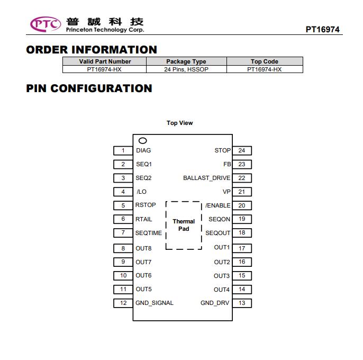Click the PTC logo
pos(46,24)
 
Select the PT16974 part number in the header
pos(322,30)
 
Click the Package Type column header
pos(186,61)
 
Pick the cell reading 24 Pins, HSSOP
pos(186,69)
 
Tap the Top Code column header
pos(265,61)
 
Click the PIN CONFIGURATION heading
pos(89,88)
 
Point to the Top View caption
pos(180,123)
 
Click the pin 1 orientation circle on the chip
pos(143,141)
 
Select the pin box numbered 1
pos(123,150)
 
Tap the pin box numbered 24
pos(242,150)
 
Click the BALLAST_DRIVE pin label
pos(207,178)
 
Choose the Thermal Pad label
pos(184,225)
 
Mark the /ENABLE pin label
pos(218,205)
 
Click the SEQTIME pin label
pos(149,233)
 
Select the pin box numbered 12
pos(123,303)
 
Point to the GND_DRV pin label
pos(215,303)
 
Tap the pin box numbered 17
pos(242,248)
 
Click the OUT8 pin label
pos(143,248)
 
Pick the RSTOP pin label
pos(146,205)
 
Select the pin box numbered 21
pos(242,192)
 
